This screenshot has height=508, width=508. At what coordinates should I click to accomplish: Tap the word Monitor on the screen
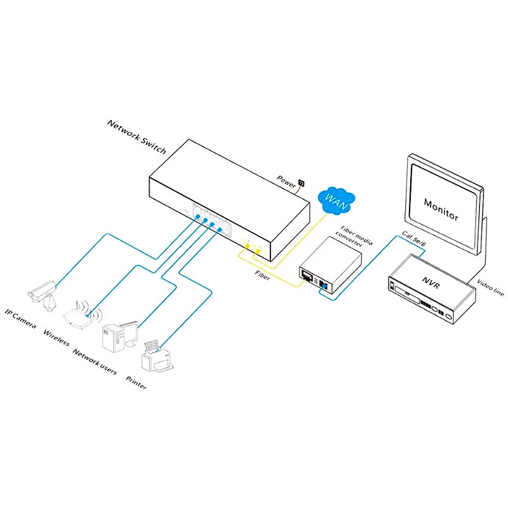(x=440, y=208)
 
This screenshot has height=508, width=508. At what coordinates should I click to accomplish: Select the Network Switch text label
(x=137, y=137)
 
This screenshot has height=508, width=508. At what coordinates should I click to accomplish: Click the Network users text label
(x=95, y=361)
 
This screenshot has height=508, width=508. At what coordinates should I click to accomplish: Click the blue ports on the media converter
(x=323, y=284)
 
